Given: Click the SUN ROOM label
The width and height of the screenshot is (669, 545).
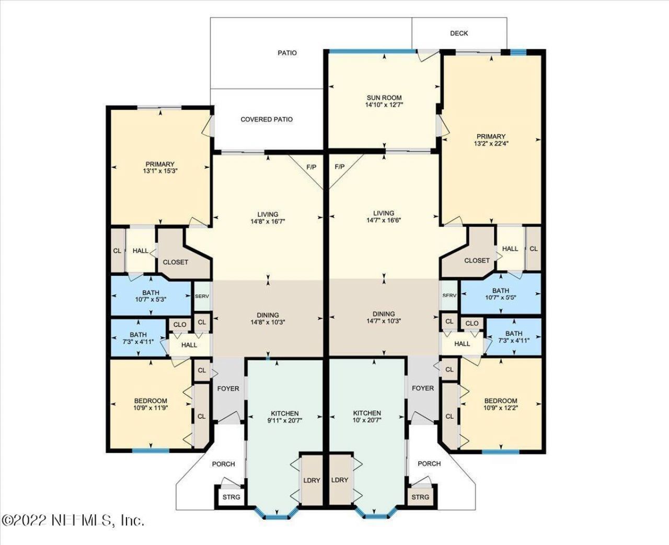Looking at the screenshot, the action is pyautogui.click(x=384, y=98).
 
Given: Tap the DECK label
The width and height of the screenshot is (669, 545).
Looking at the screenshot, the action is pyautogui.click(x=459, y=33).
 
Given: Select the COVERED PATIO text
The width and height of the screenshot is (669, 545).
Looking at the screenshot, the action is pyautogui.click(x=267, y=120).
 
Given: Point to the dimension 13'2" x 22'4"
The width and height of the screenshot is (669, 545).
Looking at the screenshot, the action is pyautogui.click(x=491, y=144).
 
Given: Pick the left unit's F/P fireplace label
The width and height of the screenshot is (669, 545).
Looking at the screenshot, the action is pyautogui.click(x=312, y=167).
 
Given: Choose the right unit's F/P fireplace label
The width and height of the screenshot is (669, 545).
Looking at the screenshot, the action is pyautogui.click(x=340, y=167).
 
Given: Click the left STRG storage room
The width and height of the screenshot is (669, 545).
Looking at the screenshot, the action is pyautogui.click(x=231, y=497).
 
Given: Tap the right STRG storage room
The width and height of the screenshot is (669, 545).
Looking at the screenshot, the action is pyautogui.click(x=420, y=497).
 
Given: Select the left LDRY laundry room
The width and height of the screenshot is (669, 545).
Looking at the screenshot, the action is pyautogui.click(x=312, y=480).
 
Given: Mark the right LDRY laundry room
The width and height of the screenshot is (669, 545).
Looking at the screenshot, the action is pyautogui.click(x=340, y=480).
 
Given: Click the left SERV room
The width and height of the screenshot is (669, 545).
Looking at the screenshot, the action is pyautogui.click(x=202, y=296).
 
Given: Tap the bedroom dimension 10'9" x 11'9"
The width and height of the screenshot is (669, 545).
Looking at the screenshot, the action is pyautogui.click(x=151, y=408).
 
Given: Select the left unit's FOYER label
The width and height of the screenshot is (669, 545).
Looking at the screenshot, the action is pyautogui.click(x=228, y=388).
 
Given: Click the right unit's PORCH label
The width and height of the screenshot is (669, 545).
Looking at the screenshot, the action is pyautogui.click(x=429, y=463).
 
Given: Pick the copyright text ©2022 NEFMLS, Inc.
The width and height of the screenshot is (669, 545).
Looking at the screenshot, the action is pyautogui.click(x=73, y=520).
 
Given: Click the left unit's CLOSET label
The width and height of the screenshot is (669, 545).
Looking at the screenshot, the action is pyautogui.click(x=175, y=262).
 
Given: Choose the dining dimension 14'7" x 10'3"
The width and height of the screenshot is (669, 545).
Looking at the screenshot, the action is pyautogui.click(x=384, y=321).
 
